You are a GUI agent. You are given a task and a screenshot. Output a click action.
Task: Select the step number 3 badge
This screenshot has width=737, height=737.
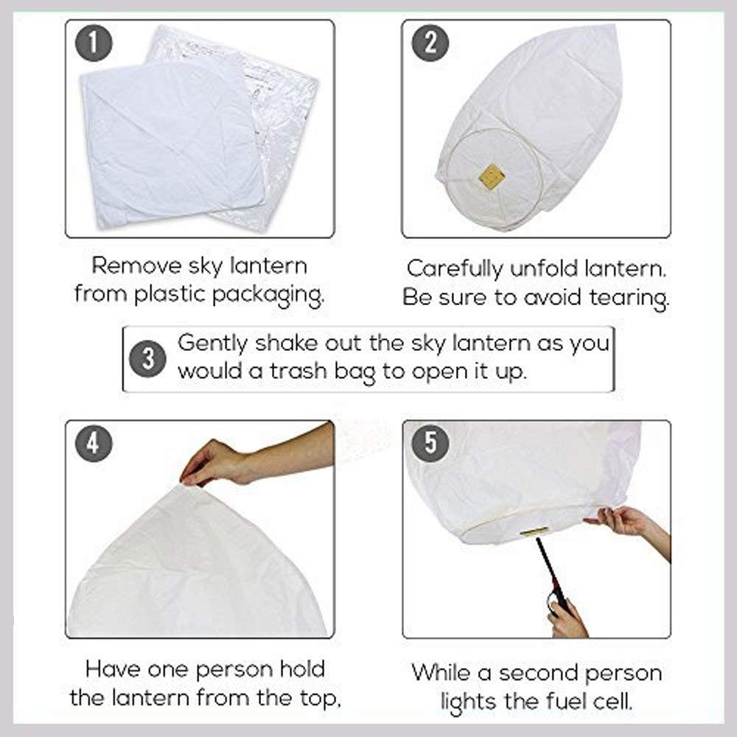click(x=147, y=360)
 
